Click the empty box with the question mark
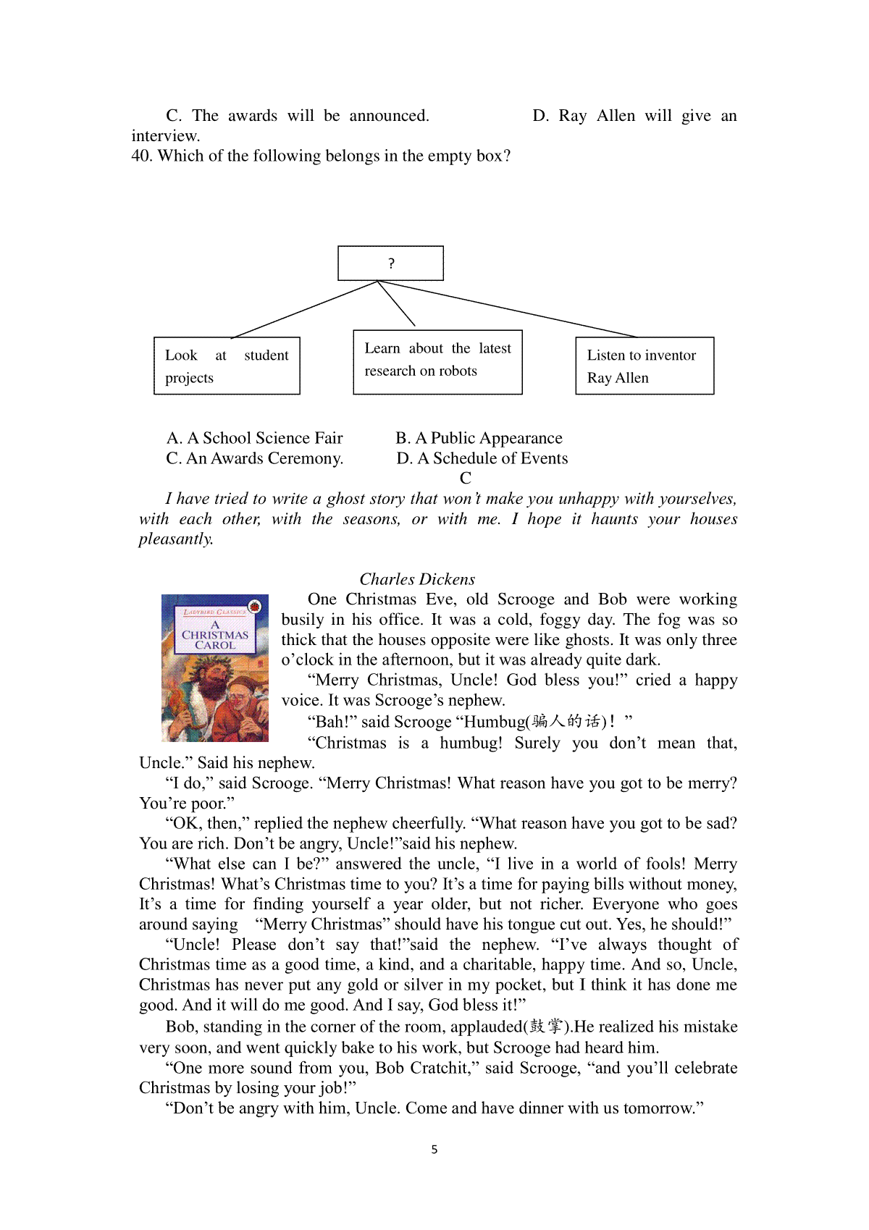390,264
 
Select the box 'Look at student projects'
227,366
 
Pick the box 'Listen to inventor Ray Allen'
645,366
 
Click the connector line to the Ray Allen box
507,309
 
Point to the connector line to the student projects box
304,309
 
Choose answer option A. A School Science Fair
254,438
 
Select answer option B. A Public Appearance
479,438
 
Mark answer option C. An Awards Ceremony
254,458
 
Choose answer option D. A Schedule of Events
482,458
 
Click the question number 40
141,156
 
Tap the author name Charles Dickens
417,579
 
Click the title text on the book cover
215,635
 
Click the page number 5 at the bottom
434,1150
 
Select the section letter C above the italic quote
466,479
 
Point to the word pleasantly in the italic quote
175,539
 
